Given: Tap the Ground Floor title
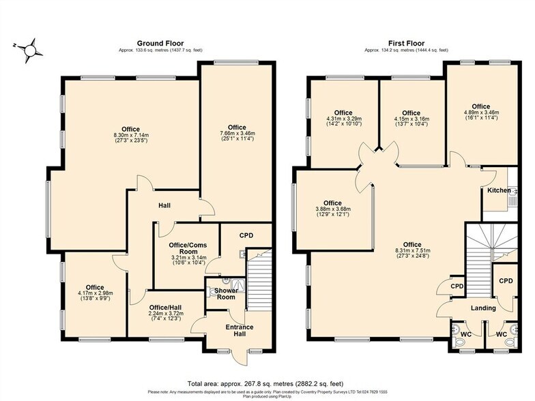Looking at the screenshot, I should click(160, 43).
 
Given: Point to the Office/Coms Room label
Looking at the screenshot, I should click(179, 248).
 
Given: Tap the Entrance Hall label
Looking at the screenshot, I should click(240, 331).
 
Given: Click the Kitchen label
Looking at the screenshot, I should click(498, 191).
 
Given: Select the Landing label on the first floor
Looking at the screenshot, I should click(484, 308).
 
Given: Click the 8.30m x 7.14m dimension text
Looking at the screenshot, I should click(130, 136).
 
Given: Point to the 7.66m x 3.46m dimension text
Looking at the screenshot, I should click(237, 134).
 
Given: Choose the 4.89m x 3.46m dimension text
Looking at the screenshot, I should click(481, 113).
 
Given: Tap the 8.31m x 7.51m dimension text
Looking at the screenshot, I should click(412, 251).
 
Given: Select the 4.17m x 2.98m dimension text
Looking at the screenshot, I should click(95, 294).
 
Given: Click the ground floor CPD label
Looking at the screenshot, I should click(246, 235).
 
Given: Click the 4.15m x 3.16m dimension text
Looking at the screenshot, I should click(411, 119).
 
